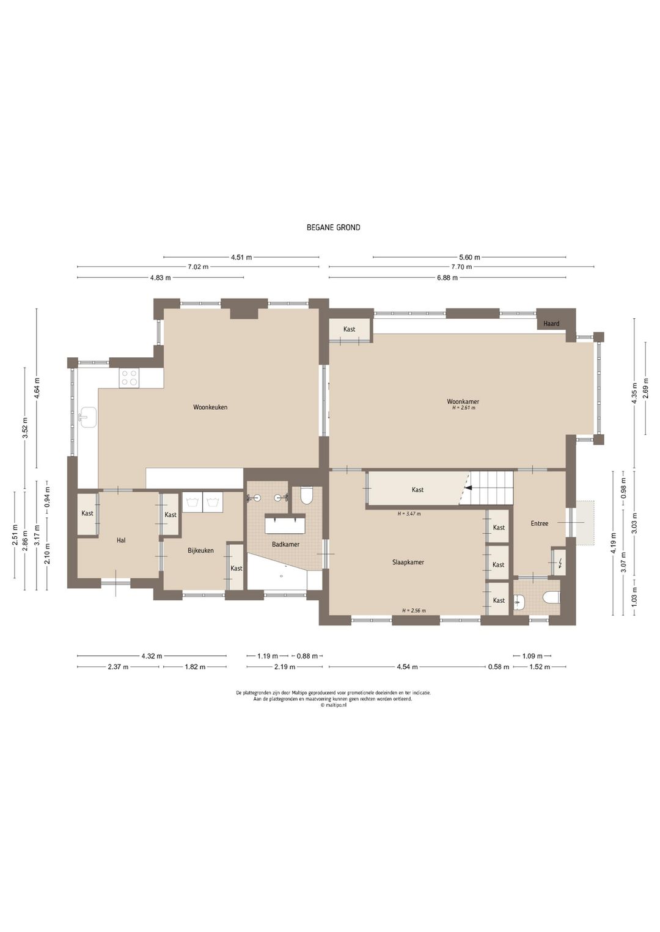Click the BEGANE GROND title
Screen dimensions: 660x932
click(x=333, y=228)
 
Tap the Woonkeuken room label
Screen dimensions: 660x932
click(x=210, y=407)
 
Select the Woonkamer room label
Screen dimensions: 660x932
click(x=463, y=401)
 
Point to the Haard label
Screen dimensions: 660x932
click(x=551, y=323)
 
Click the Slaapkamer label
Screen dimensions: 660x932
click(x=408, y=562)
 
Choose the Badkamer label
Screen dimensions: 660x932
click(x=285, y=544)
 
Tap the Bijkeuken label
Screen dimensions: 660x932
click(x=200, y=550)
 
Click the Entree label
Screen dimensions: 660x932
click(x=539, y=524)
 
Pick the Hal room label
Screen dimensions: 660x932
click(x=121, y=541)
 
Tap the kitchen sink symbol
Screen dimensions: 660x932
click(x=88, y=417)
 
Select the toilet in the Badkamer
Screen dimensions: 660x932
click(x=307, y=496)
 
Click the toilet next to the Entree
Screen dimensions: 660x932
click(x=552, y=599)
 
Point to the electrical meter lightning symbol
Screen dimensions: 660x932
click(x=560, y=564)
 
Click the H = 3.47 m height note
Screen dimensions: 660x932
click(x=409, y=514)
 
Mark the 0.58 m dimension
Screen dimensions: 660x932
click(x=499, y=667)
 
